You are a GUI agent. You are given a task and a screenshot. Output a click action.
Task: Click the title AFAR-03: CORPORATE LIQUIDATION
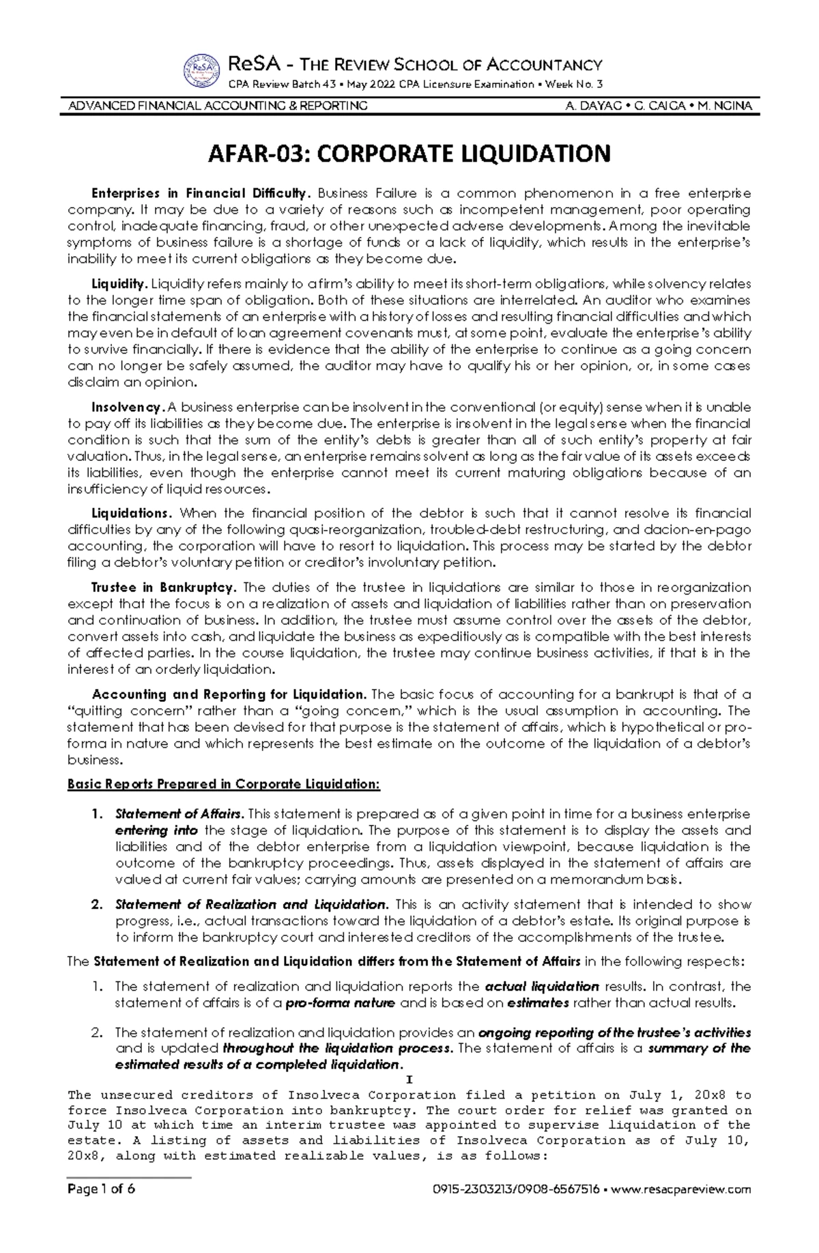(x=409, y=154)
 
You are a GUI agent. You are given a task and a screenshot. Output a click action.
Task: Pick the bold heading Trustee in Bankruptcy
(x=164, y=588)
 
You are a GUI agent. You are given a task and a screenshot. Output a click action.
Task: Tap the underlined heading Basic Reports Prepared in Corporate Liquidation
(x=223, y=785)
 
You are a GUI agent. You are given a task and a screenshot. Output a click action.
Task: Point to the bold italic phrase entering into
(x=157, y=831)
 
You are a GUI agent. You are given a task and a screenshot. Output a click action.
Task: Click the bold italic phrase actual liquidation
(x=541, y=987)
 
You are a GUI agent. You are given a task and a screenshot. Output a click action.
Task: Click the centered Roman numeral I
(x=409, y=1081)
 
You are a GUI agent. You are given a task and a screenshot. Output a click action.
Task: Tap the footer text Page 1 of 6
(x=101, y=1208)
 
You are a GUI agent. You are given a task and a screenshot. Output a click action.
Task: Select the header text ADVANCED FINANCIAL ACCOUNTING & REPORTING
(x=218, y=106)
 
